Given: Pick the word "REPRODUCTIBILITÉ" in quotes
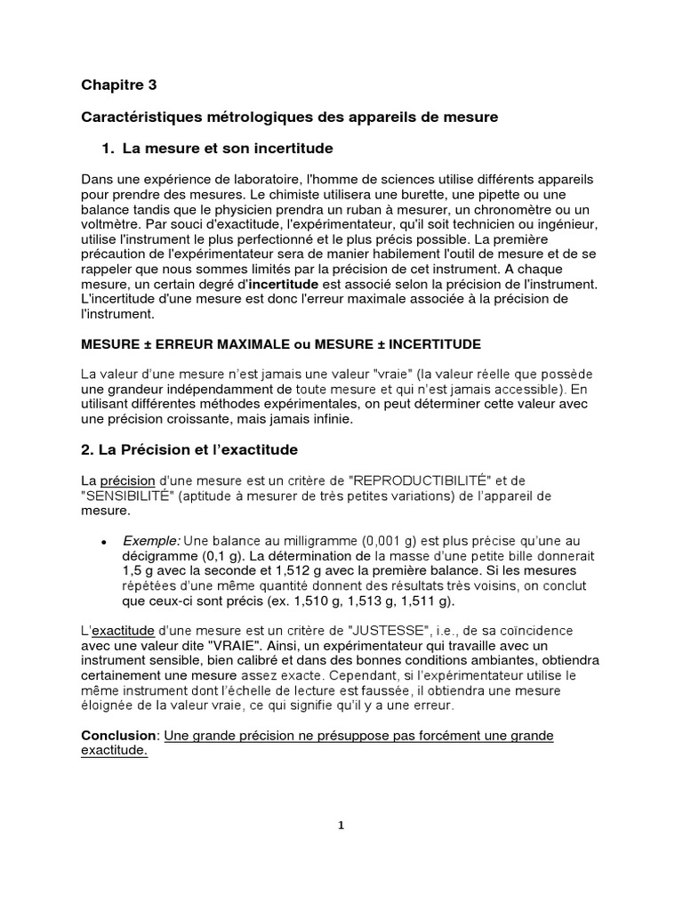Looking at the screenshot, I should pos(421,481).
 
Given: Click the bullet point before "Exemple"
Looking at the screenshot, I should pos(104,542).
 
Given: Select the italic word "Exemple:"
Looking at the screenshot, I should pos(150,541).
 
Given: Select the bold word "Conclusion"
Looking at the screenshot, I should pos(119,737).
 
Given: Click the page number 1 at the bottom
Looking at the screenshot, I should pos(341,825).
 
